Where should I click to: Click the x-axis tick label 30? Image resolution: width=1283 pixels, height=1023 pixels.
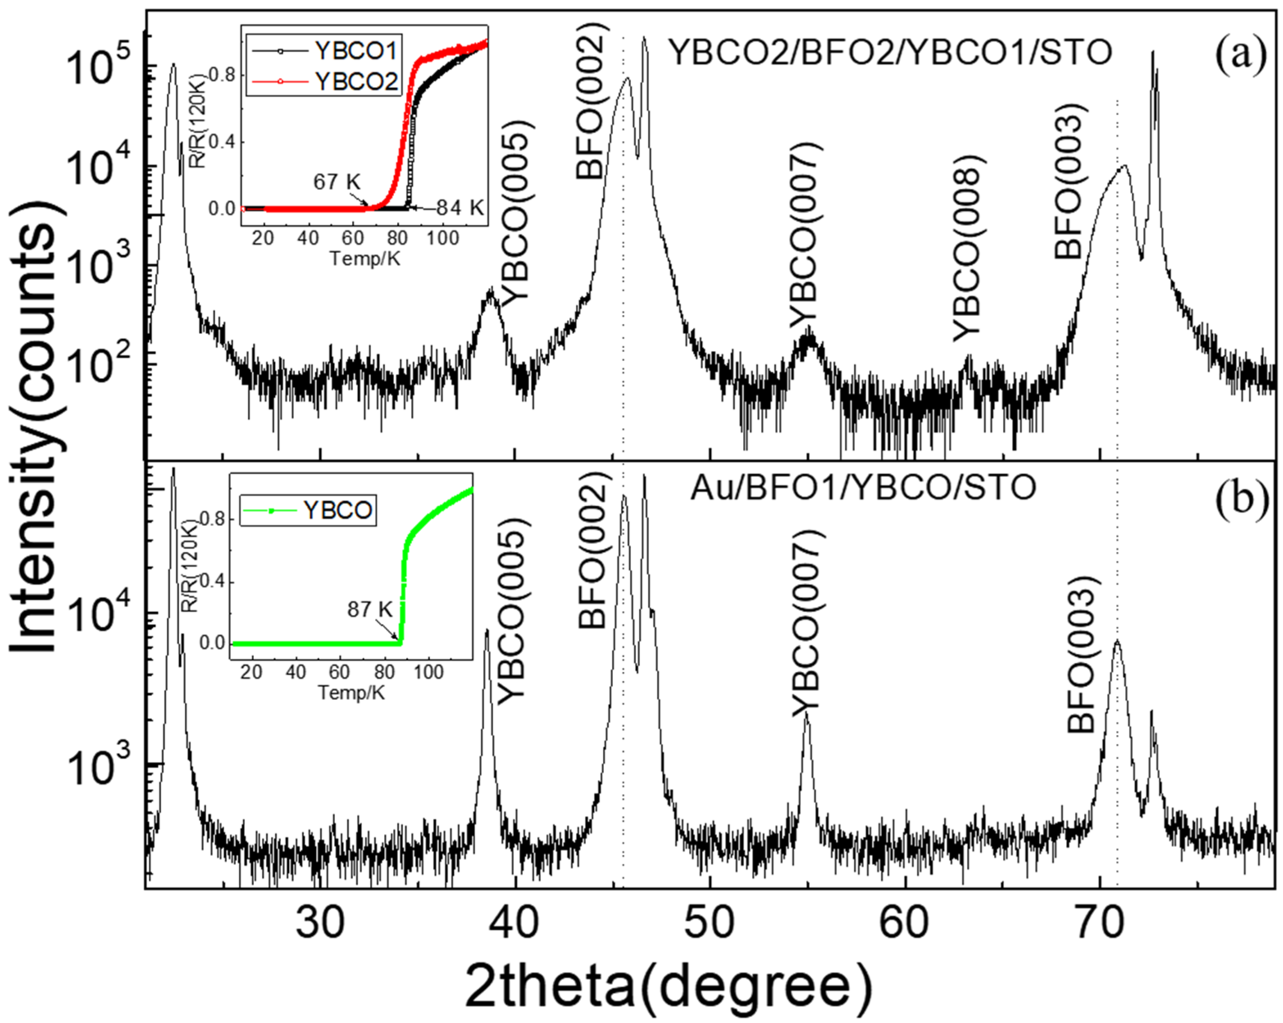[320, 923]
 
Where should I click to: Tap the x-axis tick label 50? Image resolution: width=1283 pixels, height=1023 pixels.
[710, 923]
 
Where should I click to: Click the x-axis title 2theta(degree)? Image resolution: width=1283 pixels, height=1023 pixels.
[668, 986]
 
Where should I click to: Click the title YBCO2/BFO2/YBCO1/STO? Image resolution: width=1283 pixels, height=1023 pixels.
[889, 53]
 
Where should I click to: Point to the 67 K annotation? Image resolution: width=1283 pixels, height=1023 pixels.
[337, 182]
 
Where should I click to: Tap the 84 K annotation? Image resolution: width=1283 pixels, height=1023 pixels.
[460, 208]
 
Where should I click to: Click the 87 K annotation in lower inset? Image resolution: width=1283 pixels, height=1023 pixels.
[370, 609]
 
